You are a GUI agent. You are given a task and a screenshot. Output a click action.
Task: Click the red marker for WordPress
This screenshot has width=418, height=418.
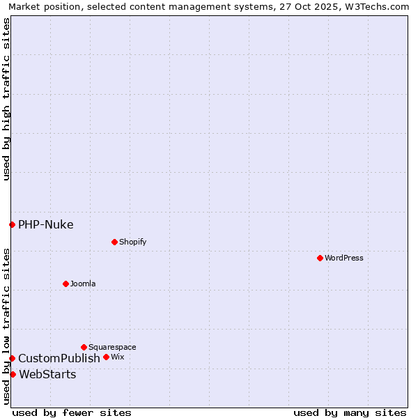(x=320, y=258)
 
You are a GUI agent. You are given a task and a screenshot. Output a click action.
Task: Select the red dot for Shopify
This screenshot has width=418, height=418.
(x=114, y=242)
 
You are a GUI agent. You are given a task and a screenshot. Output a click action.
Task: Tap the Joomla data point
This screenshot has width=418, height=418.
(x=65, y=284)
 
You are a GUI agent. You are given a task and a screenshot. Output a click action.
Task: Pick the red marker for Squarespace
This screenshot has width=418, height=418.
(x=84, y=347)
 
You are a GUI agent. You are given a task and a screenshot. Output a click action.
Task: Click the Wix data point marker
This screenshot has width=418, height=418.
(x=106, y=357)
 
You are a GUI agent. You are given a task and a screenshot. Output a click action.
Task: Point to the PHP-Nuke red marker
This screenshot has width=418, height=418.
(x=12, y=224)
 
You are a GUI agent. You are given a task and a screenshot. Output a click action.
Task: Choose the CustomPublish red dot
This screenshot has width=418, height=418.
(x=12, y=358)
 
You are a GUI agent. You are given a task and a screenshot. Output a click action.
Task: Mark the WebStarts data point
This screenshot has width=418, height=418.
(x=13, y=374)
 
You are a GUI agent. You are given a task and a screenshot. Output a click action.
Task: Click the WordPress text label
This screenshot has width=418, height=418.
(x=344, y=258)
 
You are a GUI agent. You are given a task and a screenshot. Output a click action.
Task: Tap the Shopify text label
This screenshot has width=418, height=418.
(x=132, y=242)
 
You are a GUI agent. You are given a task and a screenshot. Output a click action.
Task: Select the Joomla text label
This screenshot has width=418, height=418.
(x=83, y=284)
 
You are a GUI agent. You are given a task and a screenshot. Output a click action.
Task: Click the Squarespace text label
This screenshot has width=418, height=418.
(x=112, y=347)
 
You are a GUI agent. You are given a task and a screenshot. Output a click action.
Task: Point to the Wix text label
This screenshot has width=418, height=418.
(x=117, y=357)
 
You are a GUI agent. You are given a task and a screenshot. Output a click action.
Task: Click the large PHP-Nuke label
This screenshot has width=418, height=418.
(x=45, y=224)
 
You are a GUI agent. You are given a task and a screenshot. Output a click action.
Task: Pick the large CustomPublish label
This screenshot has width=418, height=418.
(x=59, y=358)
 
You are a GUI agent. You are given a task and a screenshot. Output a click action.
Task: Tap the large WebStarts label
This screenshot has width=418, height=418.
(x=47, y=374)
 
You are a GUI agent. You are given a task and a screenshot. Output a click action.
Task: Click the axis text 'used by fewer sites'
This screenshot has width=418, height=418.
(x=72, y=412)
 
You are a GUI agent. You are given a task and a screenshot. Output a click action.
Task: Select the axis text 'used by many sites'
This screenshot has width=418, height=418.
(x=350, y=412)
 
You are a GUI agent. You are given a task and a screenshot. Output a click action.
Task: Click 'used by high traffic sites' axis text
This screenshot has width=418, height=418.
(x=6, y=99)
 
